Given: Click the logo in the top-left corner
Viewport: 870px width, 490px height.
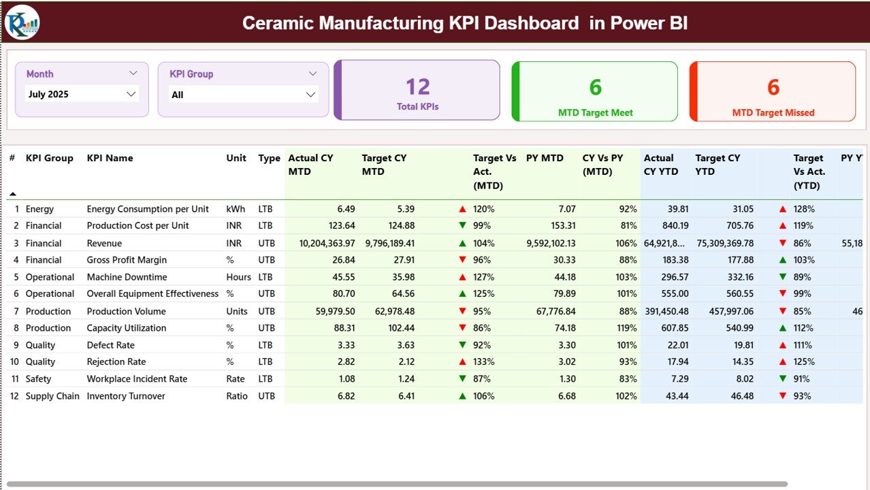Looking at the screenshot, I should click(x=22, y=22).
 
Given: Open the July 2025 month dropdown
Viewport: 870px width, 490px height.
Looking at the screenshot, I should click(x=82, y=95).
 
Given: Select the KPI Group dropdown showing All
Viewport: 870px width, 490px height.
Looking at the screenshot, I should click(x=243, y=95).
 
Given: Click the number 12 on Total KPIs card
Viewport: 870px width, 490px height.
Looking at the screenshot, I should click(x=418, y=86).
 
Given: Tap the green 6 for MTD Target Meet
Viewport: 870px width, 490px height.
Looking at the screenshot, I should click(x=596, y=86).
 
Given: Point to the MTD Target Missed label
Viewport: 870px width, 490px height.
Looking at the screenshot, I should click(x=773, y=113).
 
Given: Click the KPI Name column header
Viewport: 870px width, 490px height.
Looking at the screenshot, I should click(x=110, y=158).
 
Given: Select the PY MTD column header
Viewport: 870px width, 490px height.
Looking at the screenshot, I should click(x=545, y=158).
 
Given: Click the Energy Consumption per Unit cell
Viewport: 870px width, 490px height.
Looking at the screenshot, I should click(x=148, y=209).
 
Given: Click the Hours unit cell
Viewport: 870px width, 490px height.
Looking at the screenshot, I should click(x=239, y=277).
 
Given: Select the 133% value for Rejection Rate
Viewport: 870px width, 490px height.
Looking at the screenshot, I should click(x=484, y=362).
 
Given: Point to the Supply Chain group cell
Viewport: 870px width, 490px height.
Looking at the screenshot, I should click(x=52, y=396).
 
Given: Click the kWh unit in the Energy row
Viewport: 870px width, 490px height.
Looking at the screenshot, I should click(x=236, y=209).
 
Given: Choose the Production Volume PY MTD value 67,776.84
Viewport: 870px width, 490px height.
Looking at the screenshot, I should click(x=552, y=311).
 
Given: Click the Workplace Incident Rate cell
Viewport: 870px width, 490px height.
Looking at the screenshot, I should click(x=137, y=379).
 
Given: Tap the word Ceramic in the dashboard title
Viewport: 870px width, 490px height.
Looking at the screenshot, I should click(x=278, y=23).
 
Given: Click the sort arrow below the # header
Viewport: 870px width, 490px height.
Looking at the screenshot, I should click(x=12, y=194).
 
